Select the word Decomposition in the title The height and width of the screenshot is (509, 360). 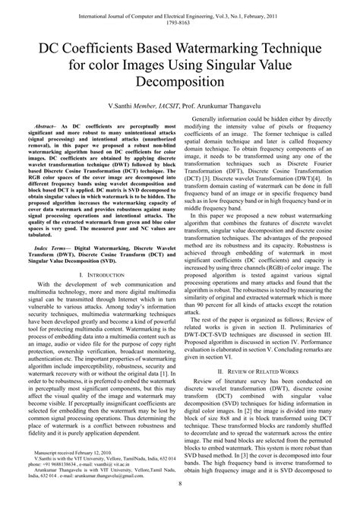pyautogui.click(x=180, y=80)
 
